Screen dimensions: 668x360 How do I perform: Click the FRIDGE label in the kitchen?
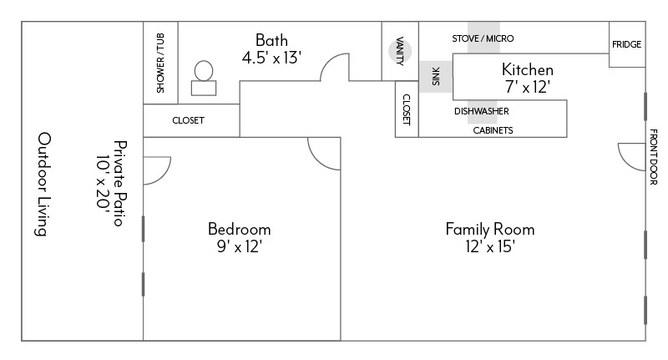[x=626, y=44]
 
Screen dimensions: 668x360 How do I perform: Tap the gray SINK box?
[x=436, y=77]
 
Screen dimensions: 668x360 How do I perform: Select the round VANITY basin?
[x=400, y=52]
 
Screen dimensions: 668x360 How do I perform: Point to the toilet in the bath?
[x=204, y=78]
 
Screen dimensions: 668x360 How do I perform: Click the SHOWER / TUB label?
[x=160, y=63]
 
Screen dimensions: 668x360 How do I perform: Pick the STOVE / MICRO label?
[x=483, y=38]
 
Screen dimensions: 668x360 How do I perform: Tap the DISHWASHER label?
[x=482, y=111]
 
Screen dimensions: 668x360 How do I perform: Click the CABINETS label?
[x=493, y=130]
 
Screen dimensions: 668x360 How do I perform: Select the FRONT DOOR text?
[x=654, y=157]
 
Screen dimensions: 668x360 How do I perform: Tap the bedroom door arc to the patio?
[x=165, y=175]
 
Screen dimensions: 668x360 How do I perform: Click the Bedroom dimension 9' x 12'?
[x=239, y=246]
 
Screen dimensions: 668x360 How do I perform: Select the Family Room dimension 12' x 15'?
[x=490, y=246]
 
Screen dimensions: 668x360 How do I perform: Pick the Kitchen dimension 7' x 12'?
[x=528, y=87]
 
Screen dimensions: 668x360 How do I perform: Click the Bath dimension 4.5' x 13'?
[x=272, y=58]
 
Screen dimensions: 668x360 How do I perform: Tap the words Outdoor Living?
[x=43, y=184]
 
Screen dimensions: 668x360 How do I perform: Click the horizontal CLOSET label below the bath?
[x=189, y=120]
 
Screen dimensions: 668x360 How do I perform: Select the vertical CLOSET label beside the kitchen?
[x=407, y=110]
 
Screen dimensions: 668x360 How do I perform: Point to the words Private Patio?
[x=120, y=183]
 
